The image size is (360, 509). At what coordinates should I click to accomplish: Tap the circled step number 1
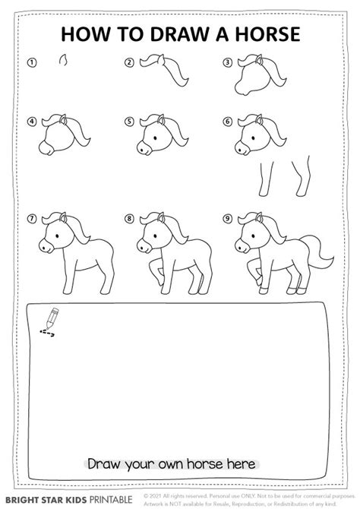pos(32,63)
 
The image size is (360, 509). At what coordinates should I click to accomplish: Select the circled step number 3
pos(227,63)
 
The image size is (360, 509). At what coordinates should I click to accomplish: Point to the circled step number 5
pos(130,121)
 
